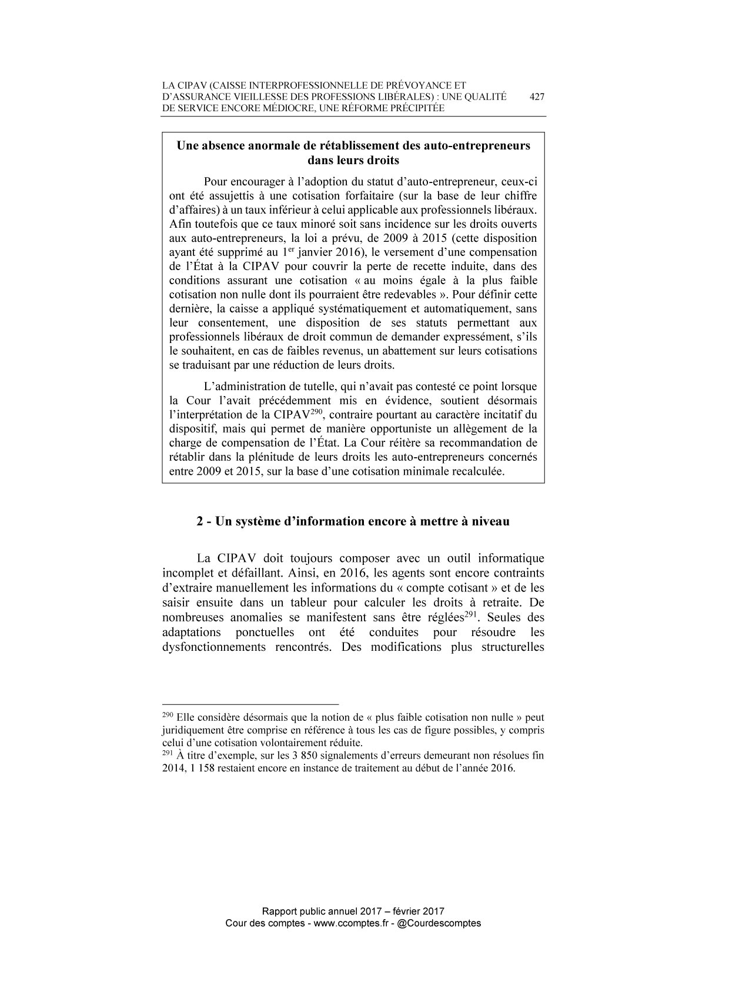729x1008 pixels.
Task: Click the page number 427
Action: click(x=537, y=97)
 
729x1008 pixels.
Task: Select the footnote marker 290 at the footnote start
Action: click(x=166, y=715)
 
